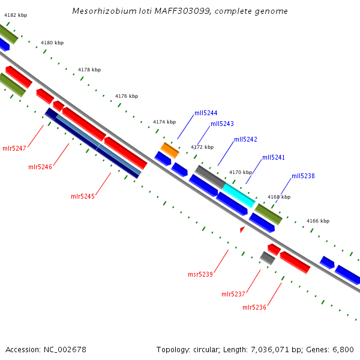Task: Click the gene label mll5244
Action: (206, 113)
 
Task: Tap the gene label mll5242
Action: (245, 139)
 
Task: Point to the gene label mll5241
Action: (274, 157)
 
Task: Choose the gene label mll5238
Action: (303, 176)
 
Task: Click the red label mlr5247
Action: (14, 148)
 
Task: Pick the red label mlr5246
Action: (40, 167)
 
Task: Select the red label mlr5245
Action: (83, 196)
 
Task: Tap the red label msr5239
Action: (200, 274)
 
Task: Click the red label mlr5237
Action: (233, 294)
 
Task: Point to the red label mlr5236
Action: (254, 307)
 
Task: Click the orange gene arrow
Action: (170, 150)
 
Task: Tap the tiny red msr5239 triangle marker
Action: (242, 229)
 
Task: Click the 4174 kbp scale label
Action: (164, 122)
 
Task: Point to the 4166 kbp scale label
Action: (318, 221)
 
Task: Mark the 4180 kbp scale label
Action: (52, 43)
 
